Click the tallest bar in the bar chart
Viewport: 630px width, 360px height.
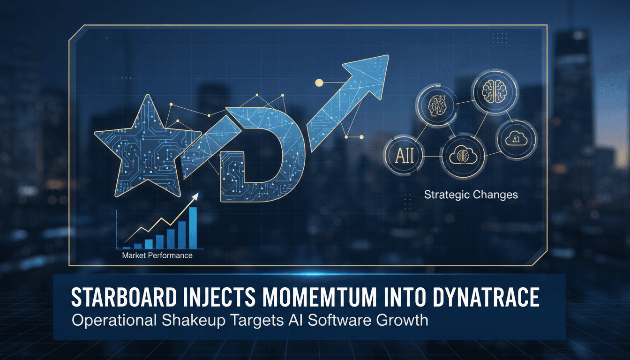(x=193, y=227)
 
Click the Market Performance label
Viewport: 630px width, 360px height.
(x=157, y=255)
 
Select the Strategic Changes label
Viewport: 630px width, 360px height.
(x=471, y=194)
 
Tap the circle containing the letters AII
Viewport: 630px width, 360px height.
(x=404, y=156)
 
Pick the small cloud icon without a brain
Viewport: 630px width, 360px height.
(x=515, y=138)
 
